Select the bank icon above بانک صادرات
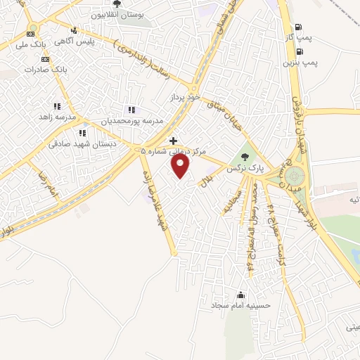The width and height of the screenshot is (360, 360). pos(44,58)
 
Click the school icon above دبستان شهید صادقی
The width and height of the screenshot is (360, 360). pos(82,132)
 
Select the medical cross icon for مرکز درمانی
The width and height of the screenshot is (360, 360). pos(174,141)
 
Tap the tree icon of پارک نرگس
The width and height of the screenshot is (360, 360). pos(244,157)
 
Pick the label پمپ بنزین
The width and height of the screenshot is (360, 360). pos(301,63)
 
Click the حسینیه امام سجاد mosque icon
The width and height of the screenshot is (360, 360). pos(241,295)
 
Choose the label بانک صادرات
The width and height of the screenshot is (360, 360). pos(44,70)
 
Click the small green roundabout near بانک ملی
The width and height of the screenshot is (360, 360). pos(32,28)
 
